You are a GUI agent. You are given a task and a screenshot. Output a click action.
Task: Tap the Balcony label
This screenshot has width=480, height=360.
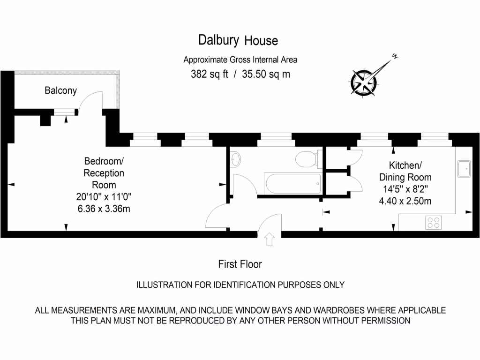pyautogui.click(x=60, y=90)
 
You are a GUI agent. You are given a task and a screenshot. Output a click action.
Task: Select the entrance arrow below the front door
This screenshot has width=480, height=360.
pyautogui.click(x=270, y=240)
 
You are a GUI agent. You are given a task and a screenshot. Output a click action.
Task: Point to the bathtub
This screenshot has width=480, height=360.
pyautogui.click(x=293, y=184)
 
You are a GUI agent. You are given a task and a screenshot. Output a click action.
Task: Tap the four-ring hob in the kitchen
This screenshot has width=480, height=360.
pyautogui.click(x=433, y=222)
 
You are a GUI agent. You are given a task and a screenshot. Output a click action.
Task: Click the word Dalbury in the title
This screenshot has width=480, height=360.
pyautogui.click(x=219, y=40)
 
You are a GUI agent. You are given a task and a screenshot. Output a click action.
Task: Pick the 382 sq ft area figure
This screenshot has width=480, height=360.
pyautogui.click(x=210, y=74)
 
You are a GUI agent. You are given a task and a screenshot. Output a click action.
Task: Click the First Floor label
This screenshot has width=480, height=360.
pyautogui.click(x=240, y=264)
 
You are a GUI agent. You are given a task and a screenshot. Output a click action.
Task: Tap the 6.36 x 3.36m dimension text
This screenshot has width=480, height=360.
pyautogui.click(x=104, y=208)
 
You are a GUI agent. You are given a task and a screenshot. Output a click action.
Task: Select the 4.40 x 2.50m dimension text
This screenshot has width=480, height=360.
pyautogui.click(x=405, y=201)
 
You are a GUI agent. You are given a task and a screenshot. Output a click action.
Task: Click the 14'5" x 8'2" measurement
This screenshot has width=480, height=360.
pyautogui.click(x=405, y=190)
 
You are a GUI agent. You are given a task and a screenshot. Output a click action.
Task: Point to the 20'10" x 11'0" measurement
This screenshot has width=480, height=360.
pyautogui.click(x=104, y=196)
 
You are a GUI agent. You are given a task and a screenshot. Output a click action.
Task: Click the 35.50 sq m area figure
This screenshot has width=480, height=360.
pyautogui.click(x=266, y=74)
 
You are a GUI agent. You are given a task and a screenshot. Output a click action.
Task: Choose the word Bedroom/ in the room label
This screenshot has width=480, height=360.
pyautogui.click(x=104, y=161)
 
